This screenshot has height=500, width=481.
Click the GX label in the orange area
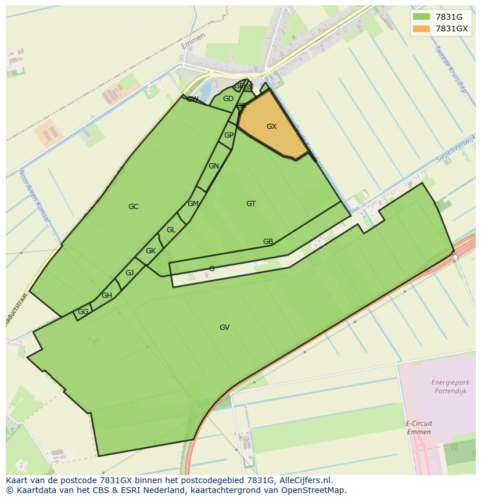coord(271,127)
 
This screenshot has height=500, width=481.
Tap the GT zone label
coord(251,204)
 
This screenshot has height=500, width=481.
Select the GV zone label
coord(224,328)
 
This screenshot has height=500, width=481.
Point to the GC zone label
coord(133,207)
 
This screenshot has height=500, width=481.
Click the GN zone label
coord(214,166)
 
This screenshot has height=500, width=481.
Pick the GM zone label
coord(193,204)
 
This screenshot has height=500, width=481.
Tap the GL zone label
coord(171,230)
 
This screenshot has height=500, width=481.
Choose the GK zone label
coord(150,251)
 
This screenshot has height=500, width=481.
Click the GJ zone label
coord(130,273)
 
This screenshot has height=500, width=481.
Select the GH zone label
coord(107,296)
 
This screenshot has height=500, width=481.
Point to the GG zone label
coord(83,312)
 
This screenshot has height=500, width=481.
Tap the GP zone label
coord(229,135)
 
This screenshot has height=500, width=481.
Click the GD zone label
coord(228,99)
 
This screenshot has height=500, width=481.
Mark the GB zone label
coord(268,242)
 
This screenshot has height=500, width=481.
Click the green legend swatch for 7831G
coord(421,16)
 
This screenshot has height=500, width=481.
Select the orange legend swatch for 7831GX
coord(421,28)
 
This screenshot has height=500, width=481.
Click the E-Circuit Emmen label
coord(418,427)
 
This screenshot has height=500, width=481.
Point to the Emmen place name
coord(193,41)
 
